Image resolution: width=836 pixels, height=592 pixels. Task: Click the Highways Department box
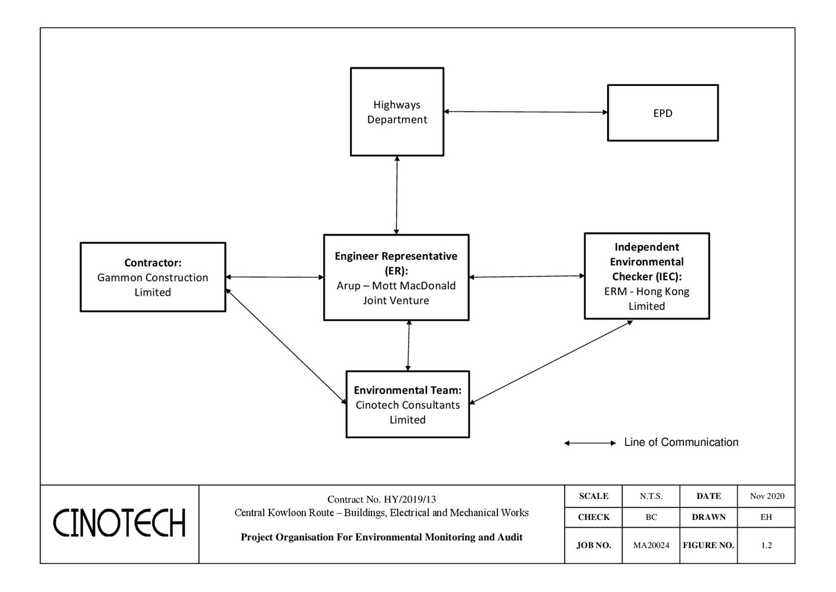(x=397, y=112)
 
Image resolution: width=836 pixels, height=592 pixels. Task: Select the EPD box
(x=662, y=113)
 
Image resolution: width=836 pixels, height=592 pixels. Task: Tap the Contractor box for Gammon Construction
(x=153, y=277)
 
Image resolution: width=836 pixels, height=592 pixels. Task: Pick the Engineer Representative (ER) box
(x=396, y=278)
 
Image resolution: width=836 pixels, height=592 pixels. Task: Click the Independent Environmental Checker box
(x=646, y=276)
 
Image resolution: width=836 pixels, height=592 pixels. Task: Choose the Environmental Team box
(x=407, y=405)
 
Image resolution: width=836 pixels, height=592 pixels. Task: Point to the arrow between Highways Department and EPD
(x=525, y=111)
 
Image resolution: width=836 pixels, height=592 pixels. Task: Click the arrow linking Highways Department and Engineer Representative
(x=397, y=195)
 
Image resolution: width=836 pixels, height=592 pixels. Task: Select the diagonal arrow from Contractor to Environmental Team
(x=286, y=346)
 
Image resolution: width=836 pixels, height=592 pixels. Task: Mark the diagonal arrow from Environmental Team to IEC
(x=551, y=362)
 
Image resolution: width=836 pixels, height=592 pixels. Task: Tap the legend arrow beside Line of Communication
(x=590, y=443)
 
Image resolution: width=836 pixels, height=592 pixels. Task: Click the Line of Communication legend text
(x=681, y=442)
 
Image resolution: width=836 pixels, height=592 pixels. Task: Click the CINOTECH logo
(x=119, y=523)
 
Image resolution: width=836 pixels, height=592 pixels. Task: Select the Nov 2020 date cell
(x=767, y=496)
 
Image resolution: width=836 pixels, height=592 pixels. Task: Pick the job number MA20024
(x=651, y=545)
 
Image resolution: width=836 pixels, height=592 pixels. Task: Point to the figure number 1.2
(x=766, y=545)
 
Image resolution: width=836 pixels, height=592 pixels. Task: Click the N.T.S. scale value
(x=651, y=496)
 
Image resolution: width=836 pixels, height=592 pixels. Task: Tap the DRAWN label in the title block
(x=708, y=517)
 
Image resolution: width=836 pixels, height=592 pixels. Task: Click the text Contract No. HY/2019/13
(x=382, y=500)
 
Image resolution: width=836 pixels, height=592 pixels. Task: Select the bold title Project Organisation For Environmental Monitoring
(x=382, y=537)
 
